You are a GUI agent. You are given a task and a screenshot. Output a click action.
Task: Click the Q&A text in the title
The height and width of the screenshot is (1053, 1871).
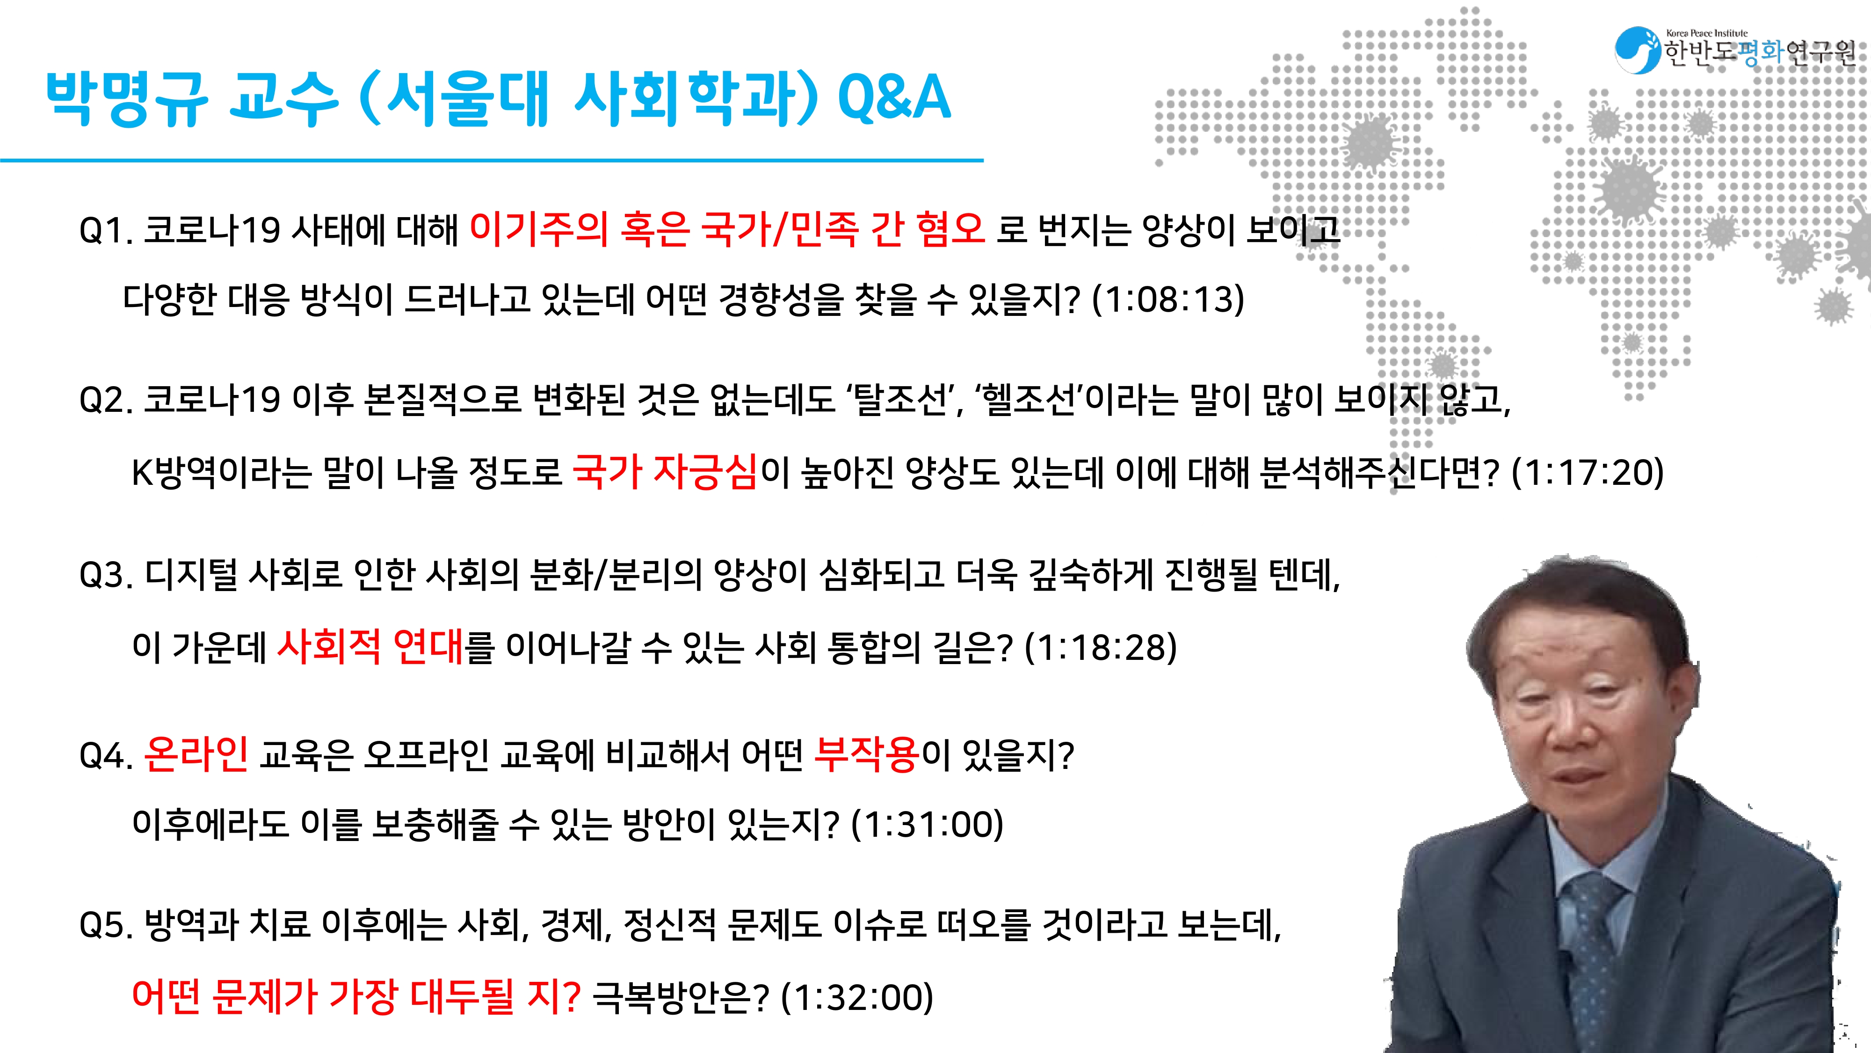(x=894, y=97)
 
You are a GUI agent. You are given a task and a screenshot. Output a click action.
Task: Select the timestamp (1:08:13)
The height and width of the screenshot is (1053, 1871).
(x=1168, y=300)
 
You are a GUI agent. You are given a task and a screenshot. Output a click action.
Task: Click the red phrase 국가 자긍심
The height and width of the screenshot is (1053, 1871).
(x=665, y=472)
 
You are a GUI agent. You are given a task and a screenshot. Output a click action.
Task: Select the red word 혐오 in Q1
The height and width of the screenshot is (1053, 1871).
(x=950, y=228)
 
